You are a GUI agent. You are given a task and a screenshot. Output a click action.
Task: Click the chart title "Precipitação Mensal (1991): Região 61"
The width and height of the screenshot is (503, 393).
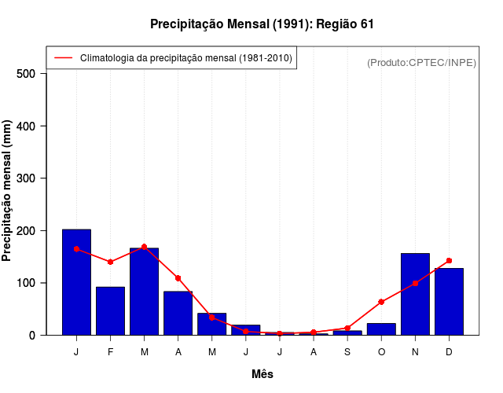(x=262, y=24)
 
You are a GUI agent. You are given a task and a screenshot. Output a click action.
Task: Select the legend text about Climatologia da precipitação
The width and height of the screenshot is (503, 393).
(x=186, y=57)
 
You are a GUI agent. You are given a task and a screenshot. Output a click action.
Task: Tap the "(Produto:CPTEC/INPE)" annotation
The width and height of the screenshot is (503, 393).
(x=421, y=62)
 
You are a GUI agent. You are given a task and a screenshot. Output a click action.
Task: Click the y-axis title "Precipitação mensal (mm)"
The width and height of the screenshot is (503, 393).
(x=7, y=196)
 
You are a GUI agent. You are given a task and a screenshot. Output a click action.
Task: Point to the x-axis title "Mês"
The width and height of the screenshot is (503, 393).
(x=263, y=374)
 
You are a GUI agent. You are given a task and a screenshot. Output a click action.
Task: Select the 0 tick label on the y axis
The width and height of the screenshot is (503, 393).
(x=32, y=335)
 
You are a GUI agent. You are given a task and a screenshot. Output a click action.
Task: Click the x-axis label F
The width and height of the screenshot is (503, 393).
(x=110, y=351)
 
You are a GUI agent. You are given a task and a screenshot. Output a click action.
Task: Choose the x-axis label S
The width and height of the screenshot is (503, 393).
(x=347, y=351)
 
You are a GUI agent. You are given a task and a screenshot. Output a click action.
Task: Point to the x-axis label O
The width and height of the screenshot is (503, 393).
(x=381, y=351)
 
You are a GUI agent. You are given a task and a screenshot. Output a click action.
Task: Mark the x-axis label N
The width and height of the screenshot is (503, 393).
(x=415, y=351)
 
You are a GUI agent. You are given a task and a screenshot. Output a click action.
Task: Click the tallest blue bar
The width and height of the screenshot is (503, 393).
(x=76, y=282)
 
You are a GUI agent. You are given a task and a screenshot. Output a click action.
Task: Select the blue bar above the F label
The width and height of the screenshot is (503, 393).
(x=110, y=310)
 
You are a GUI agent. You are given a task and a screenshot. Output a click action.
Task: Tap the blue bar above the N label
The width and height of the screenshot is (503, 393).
(x=415, y=294)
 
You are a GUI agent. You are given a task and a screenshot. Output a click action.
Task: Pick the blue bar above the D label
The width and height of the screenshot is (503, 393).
(x=449, y=302)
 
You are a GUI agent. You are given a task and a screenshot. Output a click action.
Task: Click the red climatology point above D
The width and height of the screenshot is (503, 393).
(x=449, y=260)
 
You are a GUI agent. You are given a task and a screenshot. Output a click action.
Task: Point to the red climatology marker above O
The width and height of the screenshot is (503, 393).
(x=381, y=302)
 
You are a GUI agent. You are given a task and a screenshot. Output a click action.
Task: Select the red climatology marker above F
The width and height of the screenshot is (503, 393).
(x=110, y=262)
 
